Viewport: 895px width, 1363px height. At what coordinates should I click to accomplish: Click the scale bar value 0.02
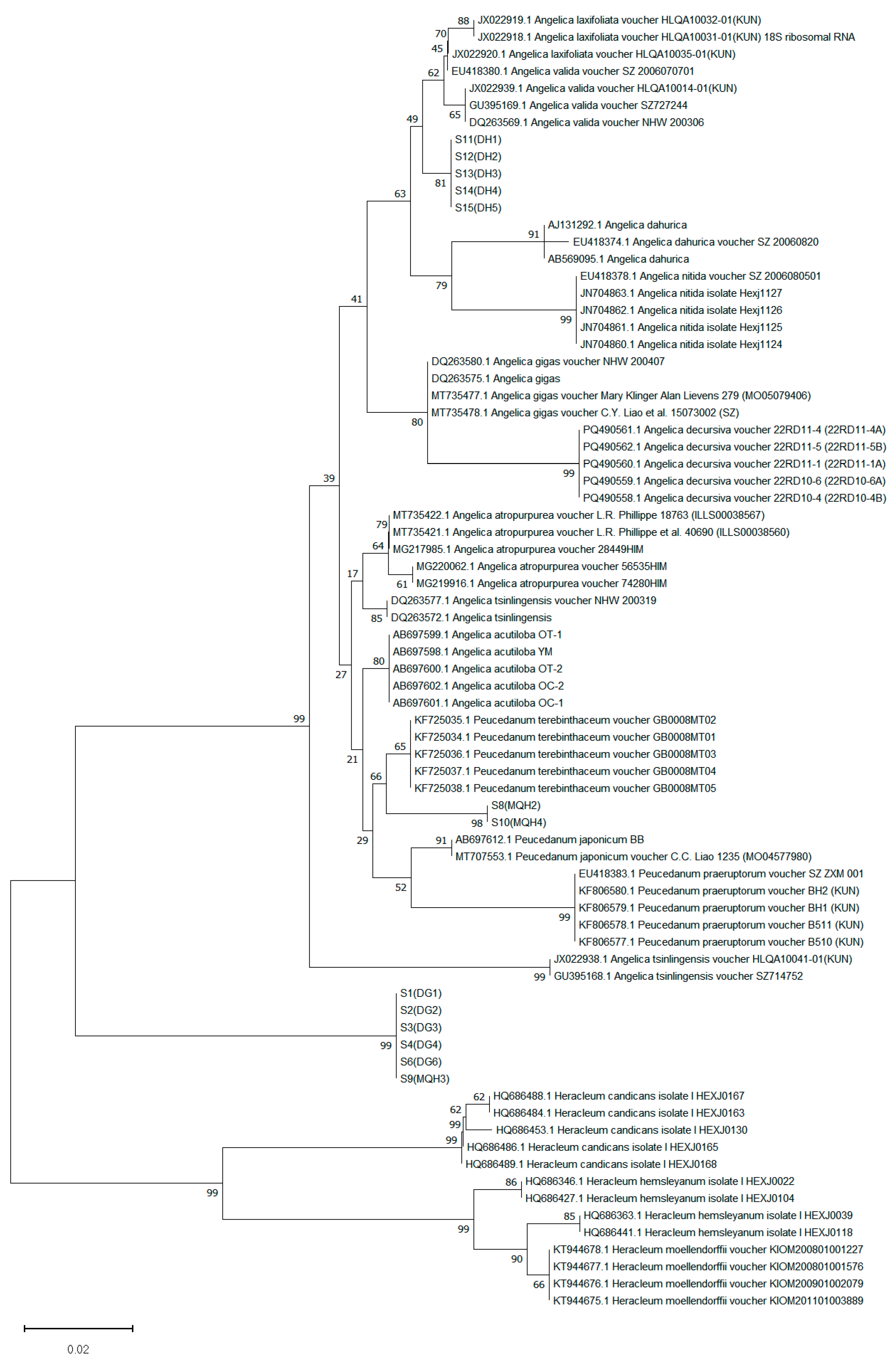click(78, 1349)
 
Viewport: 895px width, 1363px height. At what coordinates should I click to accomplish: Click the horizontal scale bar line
click(78, 1328)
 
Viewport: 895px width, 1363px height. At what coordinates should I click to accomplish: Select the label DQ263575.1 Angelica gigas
click(496, 378)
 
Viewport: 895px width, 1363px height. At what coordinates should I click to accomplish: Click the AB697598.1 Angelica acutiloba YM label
click(472, 652)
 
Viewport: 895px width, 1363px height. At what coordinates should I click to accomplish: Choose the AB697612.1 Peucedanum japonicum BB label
click(549, 839)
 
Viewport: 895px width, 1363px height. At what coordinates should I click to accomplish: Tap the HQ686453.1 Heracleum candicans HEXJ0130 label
click(622, 1130)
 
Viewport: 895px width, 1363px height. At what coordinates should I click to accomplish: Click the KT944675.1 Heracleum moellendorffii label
click(708, 1301)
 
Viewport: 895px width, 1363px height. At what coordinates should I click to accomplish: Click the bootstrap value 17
click(352, 574)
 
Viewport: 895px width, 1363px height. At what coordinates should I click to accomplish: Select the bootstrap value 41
click(357, 299)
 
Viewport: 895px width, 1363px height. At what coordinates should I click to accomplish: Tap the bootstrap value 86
click(511, 1182)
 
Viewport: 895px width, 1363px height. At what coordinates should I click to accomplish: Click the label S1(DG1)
click(421, 993)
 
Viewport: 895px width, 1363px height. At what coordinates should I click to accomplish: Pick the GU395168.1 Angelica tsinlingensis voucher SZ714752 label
click(678, 976)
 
